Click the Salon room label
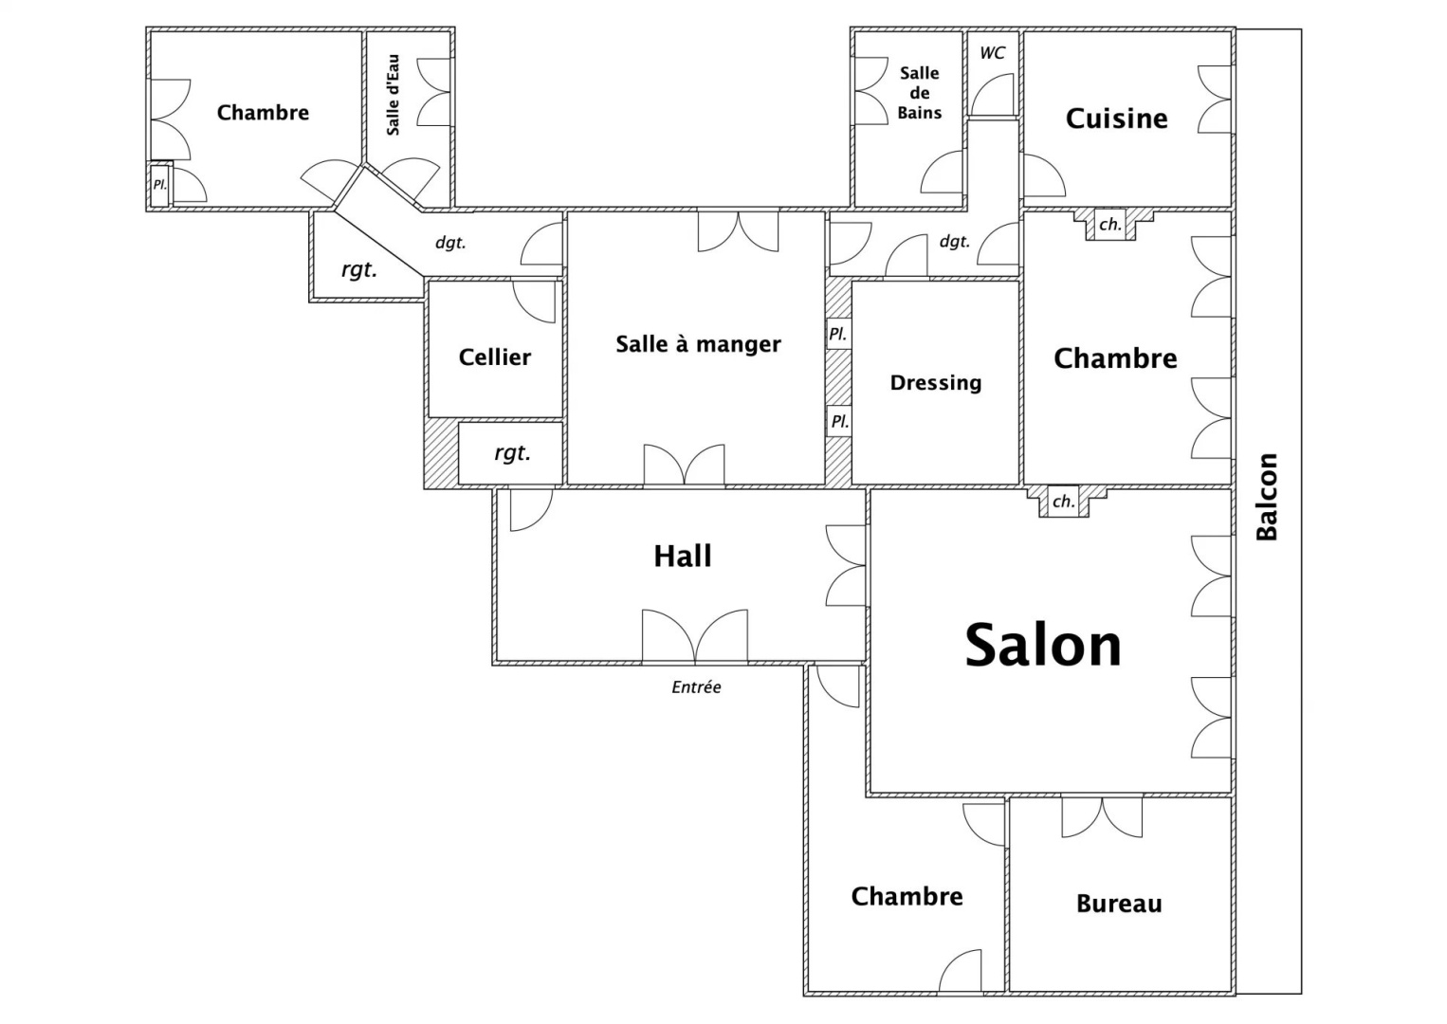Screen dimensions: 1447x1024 [1043, 645]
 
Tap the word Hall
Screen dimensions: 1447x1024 [683, 557]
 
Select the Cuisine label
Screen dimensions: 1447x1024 [1116, 119]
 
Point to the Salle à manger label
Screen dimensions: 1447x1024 [698, 343]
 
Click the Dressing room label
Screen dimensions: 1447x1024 [935, 382]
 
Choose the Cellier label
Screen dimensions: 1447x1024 [495, 357]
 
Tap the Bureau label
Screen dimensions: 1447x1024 [1119, 904]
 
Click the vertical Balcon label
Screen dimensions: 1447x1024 [1267, 496]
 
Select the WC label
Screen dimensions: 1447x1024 [992, 53]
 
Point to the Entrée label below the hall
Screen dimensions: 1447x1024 [696, 687]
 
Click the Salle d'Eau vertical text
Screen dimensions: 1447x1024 [393, 95]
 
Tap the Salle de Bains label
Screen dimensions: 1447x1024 [920, 93]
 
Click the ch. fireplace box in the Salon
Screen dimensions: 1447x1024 [1063, 502]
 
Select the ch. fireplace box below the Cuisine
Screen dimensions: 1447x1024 [1110, 225]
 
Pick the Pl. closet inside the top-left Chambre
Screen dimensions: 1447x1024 [159, 185]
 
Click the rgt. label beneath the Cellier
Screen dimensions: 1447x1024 [512, 453]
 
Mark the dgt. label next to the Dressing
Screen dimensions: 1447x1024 [955, 242]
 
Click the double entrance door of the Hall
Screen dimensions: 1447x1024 [695, 635]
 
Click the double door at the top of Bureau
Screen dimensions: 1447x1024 [1102, 817]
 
